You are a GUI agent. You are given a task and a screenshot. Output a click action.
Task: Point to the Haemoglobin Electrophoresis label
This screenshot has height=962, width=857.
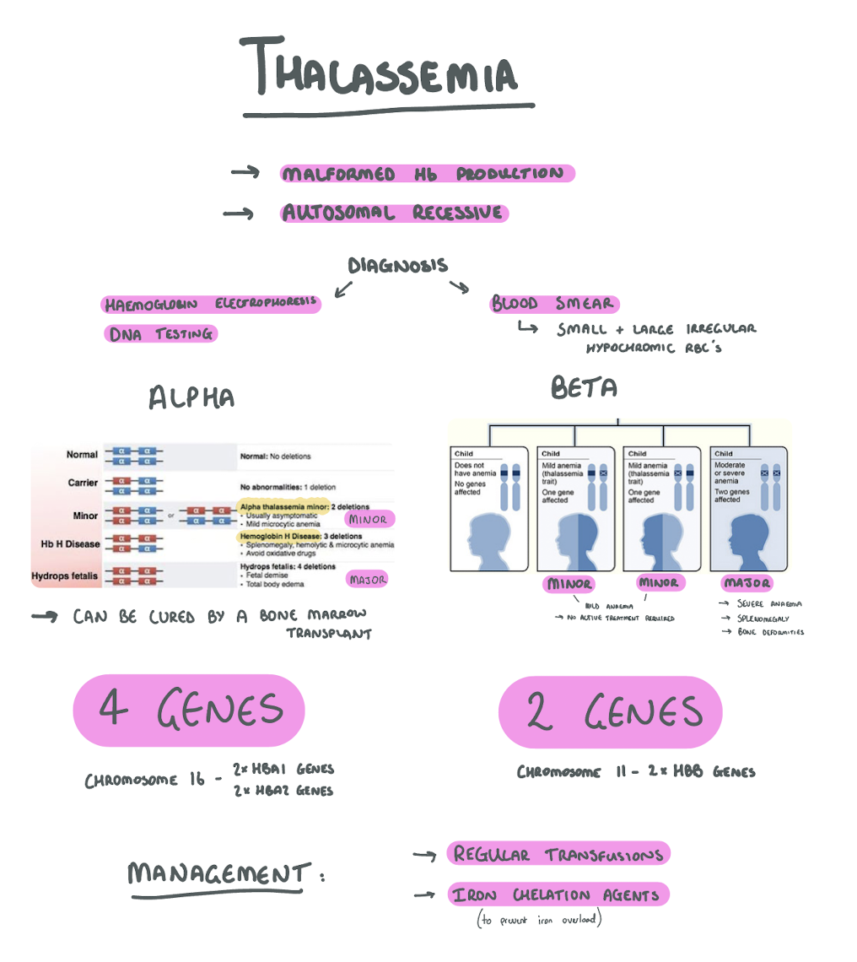coord(211,304)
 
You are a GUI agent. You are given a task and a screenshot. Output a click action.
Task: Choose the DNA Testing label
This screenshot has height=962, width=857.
coord(160,334)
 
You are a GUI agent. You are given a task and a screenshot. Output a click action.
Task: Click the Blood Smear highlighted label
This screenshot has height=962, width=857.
coord(553,304)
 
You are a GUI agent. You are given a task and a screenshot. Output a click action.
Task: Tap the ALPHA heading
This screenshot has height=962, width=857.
coord(191,397)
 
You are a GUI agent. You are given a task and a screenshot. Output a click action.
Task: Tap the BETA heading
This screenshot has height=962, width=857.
coord(585,387)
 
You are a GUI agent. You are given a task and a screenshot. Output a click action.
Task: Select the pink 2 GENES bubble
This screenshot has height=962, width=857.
coord(611,711)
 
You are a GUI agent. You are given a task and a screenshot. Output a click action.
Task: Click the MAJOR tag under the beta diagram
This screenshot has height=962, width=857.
coord(747,583)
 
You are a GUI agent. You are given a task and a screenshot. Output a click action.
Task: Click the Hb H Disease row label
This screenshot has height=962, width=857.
coord(71,544)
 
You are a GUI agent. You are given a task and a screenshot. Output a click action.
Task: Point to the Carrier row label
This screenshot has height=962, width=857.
coord(83,483)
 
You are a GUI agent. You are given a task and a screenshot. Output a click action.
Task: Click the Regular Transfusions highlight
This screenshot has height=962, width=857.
coord(558,854)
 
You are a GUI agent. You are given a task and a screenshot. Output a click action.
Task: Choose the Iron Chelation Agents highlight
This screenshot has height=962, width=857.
coord(558,895)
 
